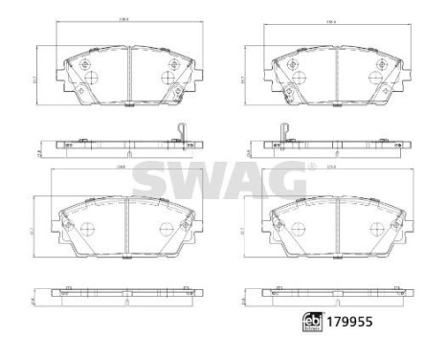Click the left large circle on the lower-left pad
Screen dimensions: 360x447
click(85, 228)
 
